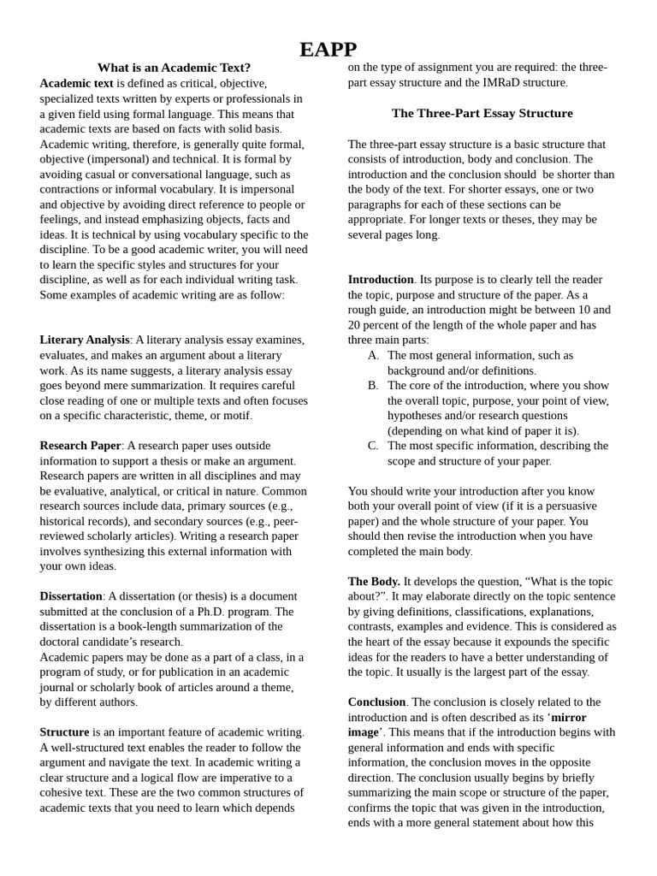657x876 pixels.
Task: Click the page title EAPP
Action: (x=328, y=50)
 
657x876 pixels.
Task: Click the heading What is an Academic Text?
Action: (x=174, y=68)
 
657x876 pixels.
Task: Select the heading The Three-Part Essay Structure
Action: (x=482, y=113)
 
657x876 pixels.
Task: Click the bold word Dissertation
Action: (x=71, y=596)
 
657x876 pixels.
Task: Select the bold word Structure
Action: (x=64, y=732)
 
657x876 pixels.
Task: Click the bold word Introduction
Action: (x=381, y=280)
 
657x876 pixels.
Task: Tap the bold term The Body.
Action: (x=374, y=582)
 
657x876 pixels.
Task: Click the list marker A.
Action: (x=373, y=355)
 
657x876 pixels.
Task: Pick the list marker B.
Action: (x=373, y=386)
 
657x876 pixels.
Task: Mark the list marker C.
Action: (x=373, y=446)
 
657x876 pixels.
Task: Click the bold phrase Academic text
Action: (x=76, y=83)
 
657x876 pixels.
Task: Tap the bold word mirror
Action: (x=568, y=718)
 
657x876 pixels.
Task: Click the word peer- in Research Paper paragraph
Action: (x=285, y=521)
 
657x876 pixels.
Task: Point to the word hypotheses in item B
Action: (x=417, y=416)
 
